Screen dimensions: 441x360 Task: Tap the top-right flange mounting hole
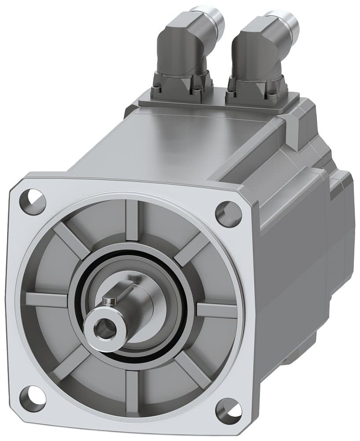pyautogui.click(x=229, y=213)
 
